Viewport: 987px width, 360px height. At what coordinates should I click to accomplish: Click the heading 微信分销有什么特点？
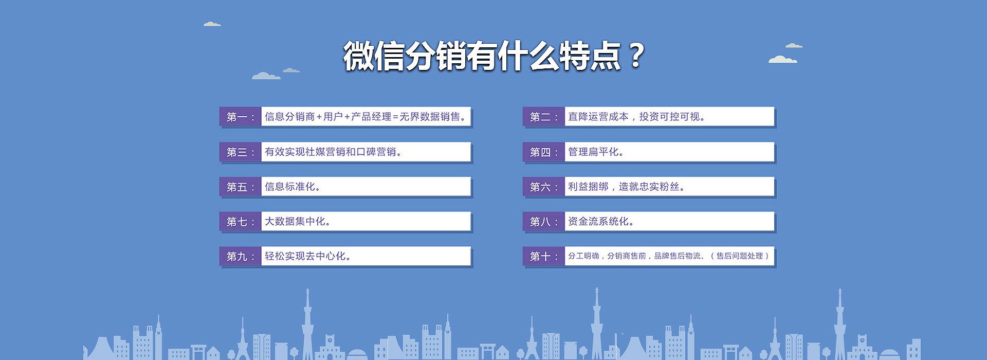click(493, 56)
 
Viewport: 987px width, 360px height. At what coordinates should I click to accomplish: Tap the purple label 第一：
click(241, 117)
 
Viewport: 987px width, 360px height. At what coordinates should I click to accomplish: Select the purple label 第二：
click(544, 117)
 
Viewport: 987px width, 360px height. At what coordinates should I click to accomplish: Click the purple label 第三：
click(241, 152)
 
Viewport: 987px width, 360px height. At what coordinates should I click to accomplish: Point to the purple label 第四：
click(544, 152)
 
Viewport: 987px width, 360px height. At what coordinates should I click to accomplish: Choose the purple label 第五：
click(241, 187)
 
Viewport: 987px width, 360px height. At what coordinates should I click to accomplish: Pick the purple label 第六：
click(544, 187)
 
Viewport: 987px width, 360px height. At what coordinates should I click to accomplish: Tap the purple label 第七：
click(241, 222)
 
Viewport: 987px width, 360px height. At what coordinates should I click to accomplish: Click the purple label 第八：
click(544, 222)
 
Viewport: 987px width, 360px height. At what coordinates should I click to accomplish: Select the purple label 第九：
click(241, 256)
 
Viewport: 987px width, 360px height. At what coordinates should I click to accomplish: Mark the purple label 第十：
click(544, 256)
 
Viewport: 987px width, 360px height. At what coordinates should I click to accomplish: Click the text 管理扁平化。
click(596, 152)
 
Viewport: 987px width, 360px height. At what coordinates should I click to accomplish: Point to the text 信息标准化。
click(293, 187)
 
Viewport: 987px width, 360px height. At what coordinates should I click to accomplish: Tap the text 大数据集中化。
click(298, 221)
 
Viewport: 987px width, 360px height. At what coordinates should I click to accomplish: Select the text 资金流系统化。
click(601, 221)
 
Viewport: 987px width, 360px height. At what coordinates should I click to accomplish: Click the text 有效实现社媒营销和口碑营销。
click(334, 152)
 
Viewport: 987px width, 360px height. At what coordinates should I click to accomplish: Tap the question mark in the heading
click(636, 56)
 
